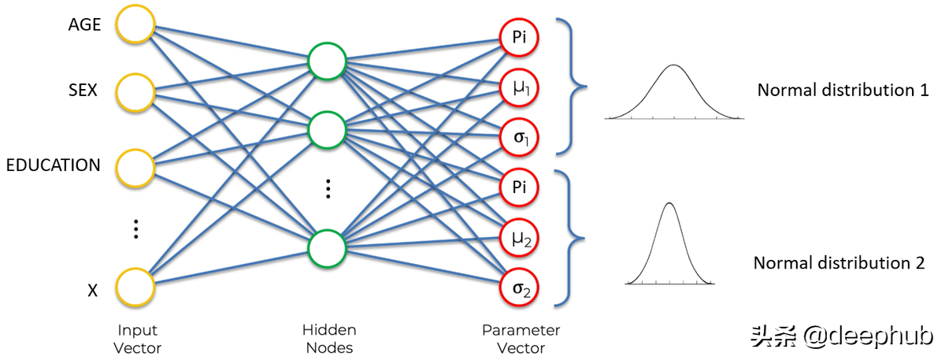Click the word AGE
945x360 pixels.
(x=84, y=25)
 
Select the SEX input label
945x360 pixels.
(x=82, y=91)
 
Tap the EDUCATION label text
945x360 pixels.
(x=53, y=165)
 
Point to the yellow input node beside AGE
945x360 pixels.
(x=135, y=25)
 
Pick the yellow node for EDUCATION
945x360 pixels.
(x=135, y=165)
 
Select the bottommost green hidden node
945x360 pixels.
(x=328, y=248)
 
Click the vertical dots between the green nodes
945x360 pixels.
(x=328, y=188)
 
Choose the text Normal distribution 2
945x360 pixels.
(x=839, y=263)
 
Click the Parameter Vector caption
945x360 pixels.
(x=521, y=339)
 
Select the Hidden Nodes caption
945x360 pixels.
(x=328, y=339)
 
